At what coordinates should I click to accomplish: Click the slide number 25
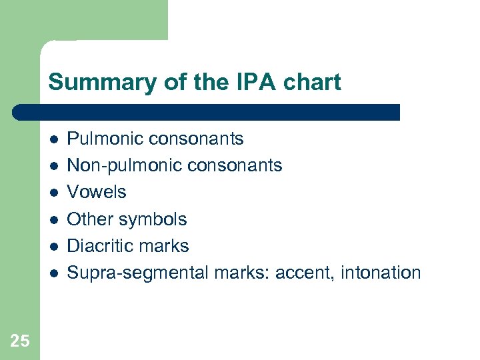coord(20,341)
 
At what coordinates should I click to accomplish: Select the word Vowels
coord(97,192)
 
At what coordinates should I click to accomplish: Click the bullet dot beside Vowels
coord(54,193)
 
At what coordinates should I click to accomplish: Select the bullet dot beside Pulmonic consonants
coord(54,139)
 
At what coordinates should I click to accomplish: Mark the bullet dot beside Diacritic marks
coord(54,246)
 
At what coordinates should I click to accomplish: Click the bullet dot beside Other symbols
coord(54,219)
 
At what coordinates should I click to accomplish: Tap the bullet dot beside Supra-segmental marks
coord(54,273)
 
